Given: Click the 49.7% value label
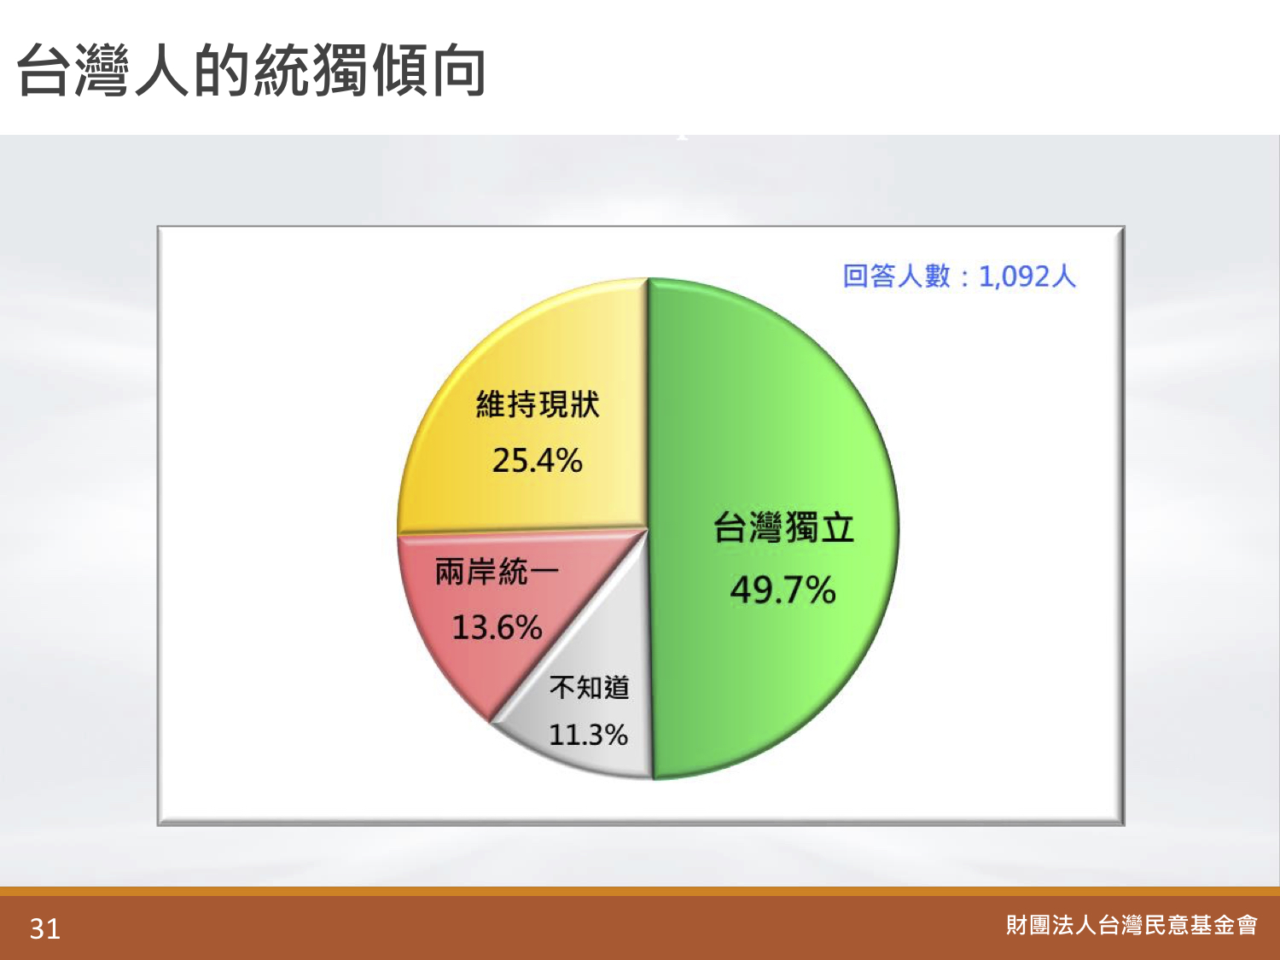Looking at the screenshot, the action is [783, 590].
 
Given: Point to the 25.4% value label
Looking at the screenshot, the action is [537, 461].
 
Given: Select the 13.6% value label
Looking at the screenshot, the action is [497, 628].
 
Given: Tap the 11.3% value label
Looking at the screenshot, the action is [589, 735].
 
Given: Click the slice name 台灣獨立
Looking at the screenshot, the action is [783, 527].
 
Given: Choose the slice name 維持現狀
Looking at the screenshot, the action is [538, 404].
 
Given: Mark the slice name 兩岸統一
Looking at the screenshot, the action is [497, 571].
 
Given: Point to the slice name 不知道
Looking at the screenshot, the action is [589, 688].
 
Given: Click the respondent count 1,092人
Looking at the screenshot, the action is [1027, 276].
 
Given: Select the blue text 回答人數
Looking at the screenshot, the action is [897, 276].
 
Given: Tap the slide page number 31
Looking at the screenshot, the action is [45, 928].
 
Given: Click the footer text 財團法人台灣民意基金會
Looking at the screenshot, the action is [1132, 926].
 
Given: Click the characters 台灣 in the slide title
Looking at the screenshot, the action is [73, 71].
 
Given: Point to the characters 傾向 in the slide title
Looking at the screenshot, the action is [429, 71].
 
